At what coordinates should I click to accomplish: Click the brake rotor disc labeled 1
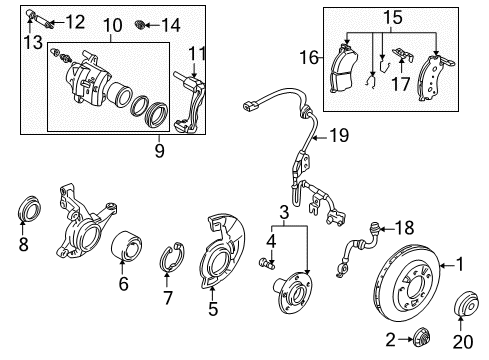click(x=407, y=283)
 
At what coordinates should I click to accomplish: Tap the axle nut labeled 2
click(x=422, y=338)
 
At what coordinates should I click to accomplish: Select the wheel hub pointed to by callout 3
click(x=293, y=292)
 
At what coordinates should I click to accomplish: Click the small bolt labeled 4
click(x=267, y=263)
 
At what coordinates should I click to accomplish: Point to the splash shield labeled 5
click(x=223, y=251)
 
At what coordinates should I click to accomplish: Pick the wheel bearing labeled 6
click(x=126, y=246)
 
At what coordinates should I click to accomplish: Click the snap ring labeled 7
click(x=172, y=257)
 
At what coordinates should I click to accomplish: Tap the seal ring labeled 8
click(x=29, y=208)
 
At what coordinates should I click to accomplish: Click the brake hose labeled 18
click(x=358, y=248)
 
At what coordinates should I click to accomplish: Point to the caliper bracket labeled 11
click(x=190, y=103)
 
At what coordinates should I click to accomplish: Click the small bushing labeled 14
click(x=139, y=24)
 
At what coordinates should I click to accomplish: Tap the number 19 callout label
click(x=339, y=135)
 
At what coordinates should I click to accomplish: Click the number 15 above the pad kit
click(x=393, y=17)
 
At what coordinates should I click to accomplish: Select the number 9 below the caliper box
click(x=160, y=150)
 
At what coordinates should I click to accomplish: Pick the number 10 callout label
click(x=113, y=25)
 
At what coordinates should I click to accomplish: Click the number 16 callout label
click(x=309, y=57)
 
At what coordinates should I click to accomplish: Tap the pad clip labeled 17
click(x=403, y=55)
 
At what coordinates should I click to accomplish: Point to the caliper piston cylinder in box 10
click(x=120, y=94)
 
